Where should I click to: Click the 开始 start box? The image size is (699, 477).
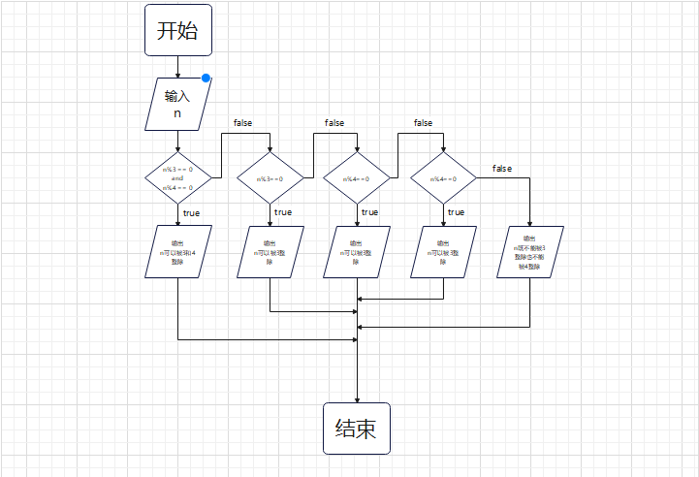point(177,30)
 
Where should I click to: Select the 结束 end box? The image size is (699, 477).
point(356,429)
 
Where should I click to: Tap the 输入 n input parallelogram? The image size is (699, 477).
point(177,104)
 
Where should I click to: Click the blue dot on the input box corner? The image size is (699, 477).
point(207,79)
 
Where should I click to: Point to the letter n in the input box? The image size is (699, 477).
point(177,113)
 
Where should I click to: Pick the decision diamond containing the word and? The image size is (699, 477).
point(177,178)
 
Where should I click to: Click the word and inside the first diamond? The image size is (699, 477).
point(177,178)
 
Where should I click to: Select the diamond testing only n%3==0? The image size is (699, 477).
point(270,178)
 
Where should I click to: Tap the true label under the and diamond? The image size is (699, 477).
point(191,212)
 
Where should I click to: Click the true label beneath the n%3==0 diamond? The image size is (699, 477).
point(282,212)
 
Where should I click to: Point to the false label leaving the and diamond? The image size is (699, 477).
point(244,123)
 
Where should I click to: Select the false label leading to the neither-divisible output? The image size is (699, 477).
point(502,169)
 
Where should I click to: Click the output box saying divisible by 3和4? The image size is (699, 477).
point(177,252)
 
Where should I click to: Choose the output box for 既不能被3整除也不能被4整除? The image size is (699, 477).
point(529,252)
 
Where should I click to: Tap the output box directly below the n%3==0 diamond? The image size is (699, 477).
point(270,252)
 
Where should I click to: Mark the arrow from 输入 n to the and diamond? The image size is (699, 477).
point(177,141)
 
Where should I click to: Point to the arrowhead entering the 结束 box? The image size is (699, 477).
point(357,398)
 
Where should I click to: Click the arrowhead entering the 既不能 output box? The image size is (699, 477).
point(530,222)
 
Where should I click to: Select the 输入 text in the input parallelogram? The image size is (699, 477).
point(177,96)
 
